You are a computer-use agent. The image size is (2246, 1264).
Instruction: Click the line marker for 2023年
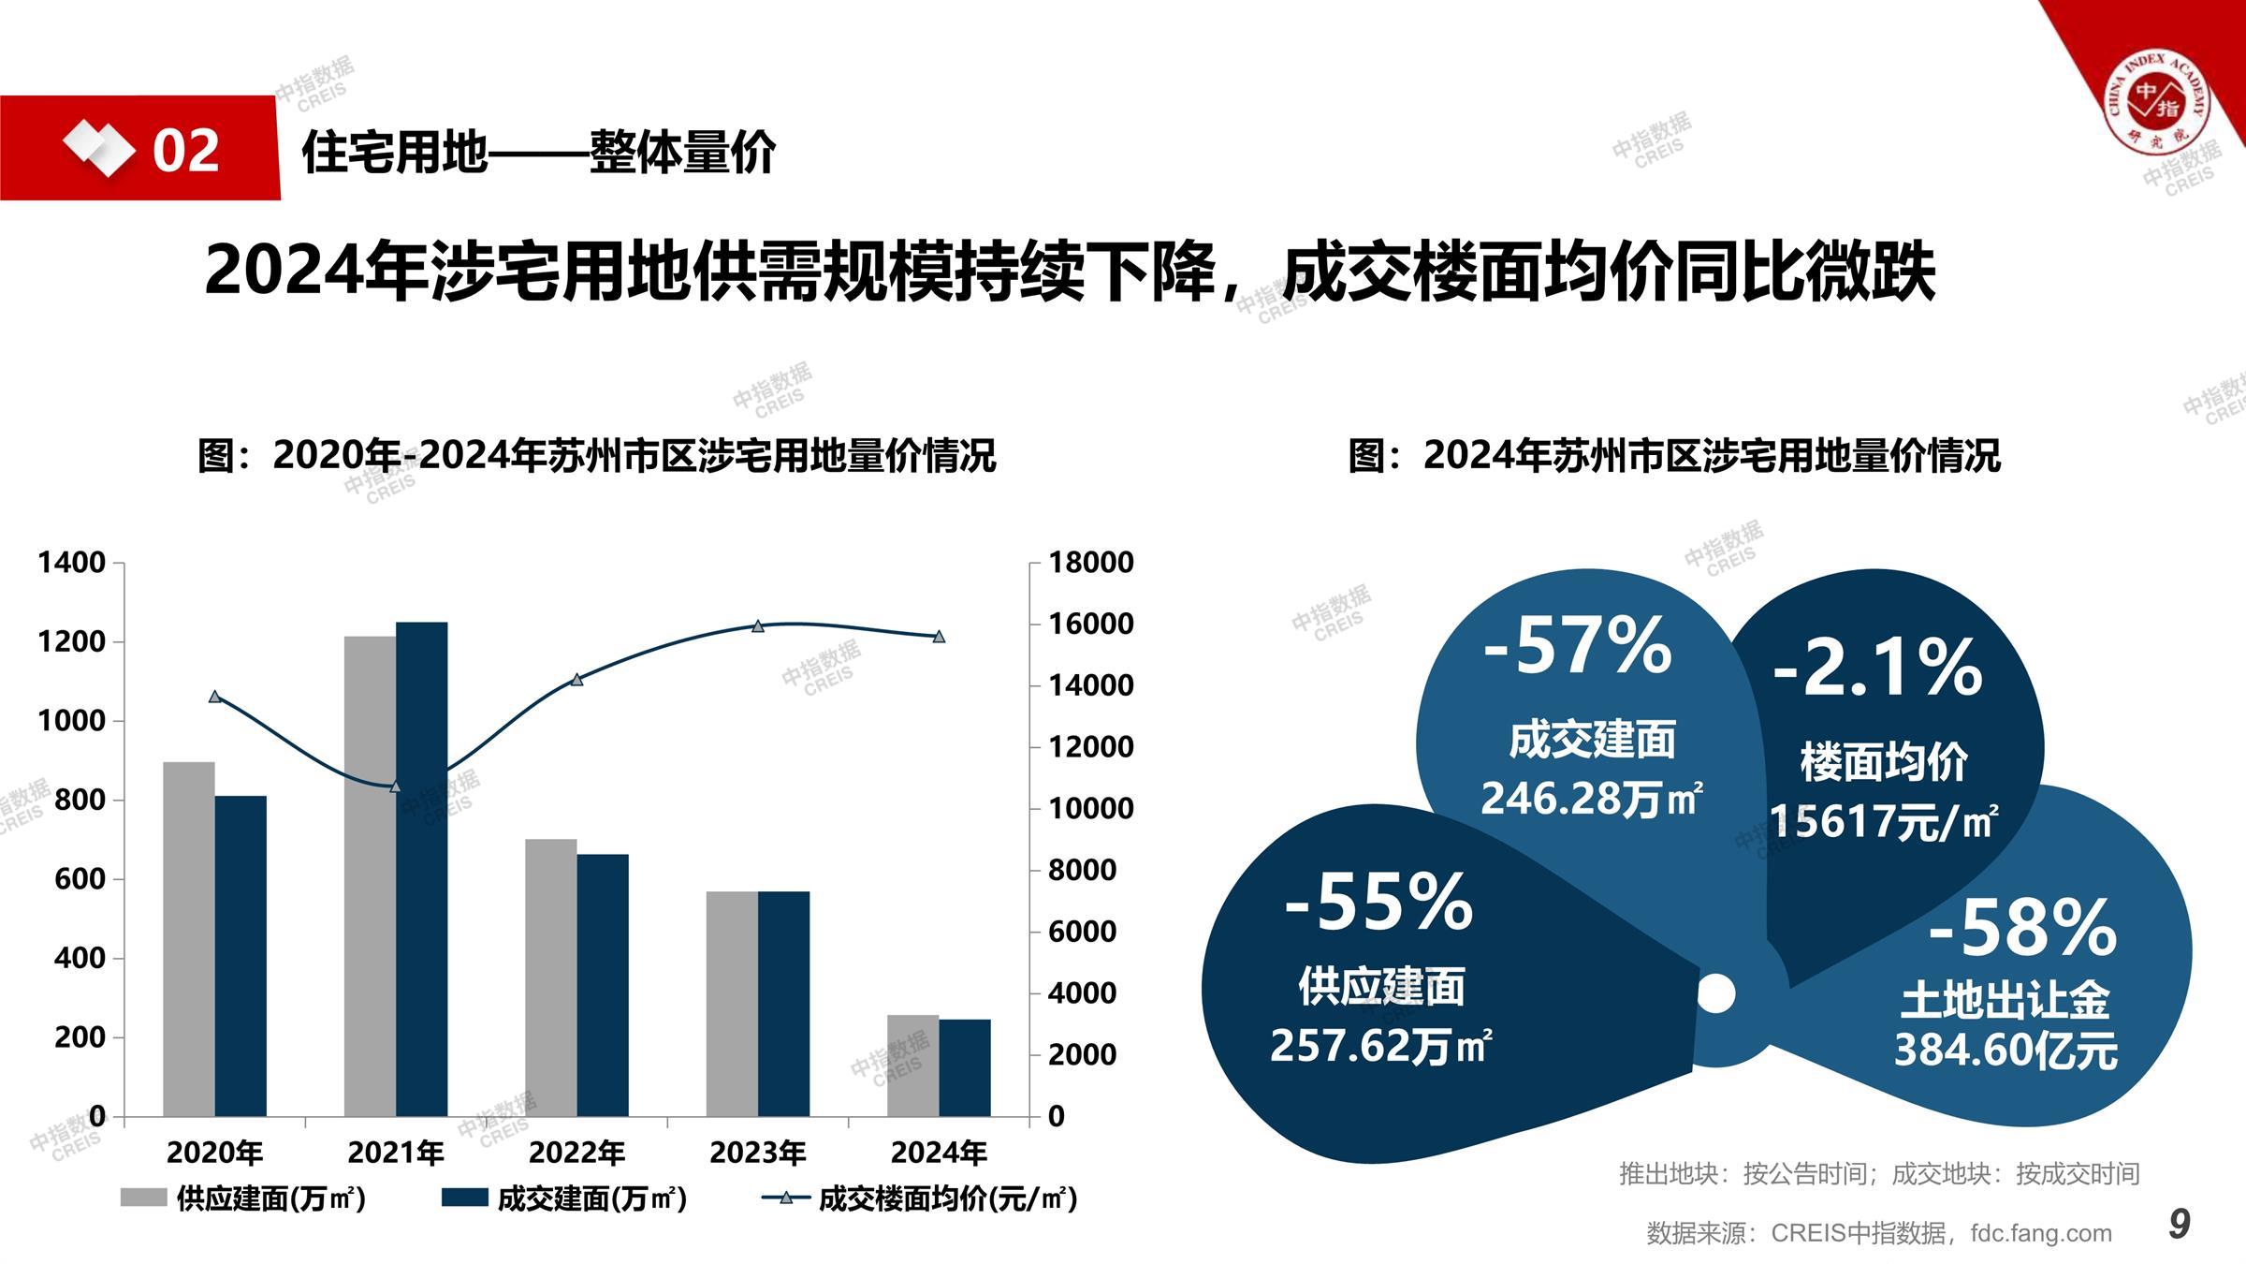click(x=758, y=626)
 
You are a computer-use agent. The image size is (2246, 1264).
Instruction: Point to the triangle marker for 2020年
click(x=215, y=697)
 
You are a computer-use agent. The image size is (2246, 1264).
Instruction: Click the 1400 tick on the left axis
click(x=71, y=563)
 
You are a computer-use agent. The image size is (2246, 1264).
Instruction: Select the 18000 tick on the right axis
click(x=1090, y=563)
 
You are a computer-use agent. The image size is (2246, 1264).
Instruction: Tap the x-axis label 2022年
click(x=576, y=1153)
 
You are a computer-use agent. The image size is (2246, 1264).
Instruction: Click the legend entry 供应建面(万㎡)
click(x=243, y=1198)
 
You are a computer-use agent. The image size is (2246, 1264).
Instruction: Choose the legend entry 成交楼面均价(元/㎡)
click(x=920, y=1198)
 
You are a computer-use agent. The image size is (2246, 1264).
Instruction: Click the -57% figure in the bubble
click(x=1578, y=645)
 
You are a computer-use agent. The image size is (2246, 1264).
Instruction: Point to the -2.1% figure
click(x=1877, y=668)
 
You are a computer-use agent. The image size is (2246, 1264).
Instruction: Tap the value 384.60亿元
click(x=2005, y=1051)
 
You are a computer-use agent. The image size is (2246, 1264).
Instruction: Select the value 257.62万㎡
click(x=1380, y=1046)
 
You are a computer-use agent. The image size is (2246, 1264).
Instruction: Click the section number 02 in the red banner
click(x=186, y=150)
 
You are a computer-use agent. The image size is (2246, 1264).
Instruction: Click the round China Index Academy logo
click(x=2156, y=98)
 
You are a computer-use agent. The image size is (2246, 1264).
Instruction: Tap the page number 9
click(x=2180, y=1224)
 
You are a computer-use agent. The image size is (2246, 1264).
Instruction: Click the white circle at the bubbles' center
click(x=1715, y=992)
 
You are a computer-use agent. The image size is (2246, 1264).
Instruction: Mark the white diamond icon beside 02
click(x=97, y=148)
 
